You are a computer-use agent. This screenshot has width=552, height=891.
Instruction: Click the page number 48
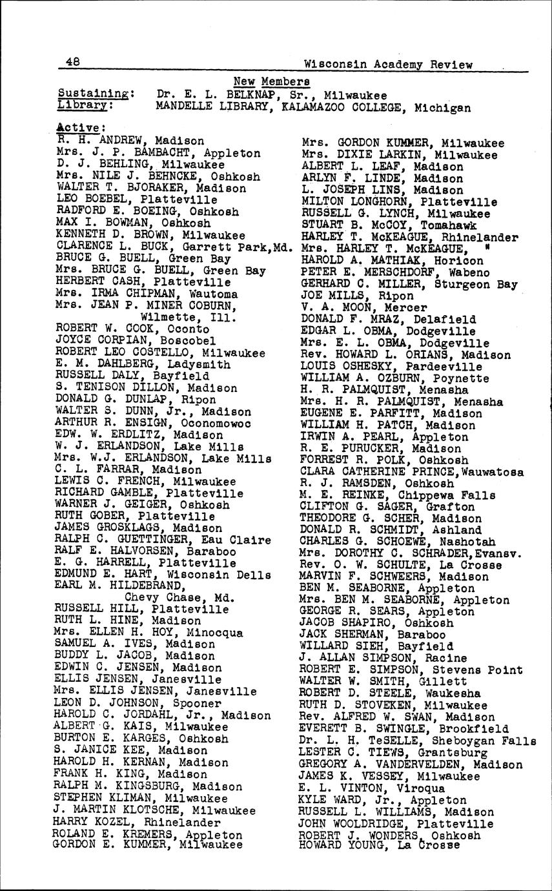pos(72,62)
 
